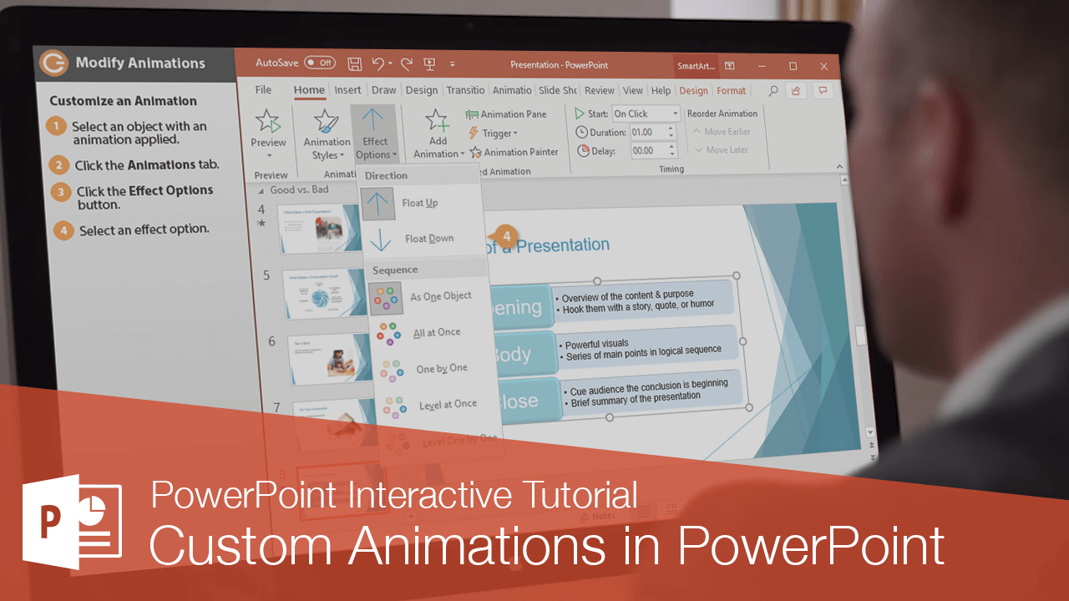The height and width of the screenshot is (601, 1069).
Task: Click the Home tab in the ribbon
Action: click(309, 90)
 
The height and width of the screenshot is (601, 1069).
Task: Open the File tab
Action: click(263, 90)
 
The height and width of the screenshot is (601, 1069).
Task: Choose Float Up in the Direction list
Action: click(419, 203)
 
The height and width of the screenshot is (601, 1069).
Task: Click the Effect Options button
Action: click(374, 134)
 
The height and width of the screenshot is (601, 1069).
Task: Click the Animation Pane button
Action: click(507, 114)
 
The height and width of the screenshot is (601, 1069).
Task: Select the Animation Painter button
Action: click(514, 152)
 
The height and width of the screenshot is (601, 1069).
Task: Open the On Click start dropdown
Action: click(646, 114)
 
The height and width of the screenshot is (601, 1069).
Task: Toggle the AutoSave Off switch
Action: click(319, 63)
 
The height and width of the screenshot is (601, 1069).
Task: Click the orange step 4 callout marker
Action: click(505, 236)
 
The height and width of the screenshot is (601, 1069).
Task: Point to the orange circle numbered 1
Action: click(56, 127)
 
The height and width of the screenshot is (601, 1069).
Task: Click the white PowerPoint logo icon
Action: click(72, 522)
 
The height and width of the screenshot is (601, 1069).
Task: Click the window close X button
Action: click(824, 66)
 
